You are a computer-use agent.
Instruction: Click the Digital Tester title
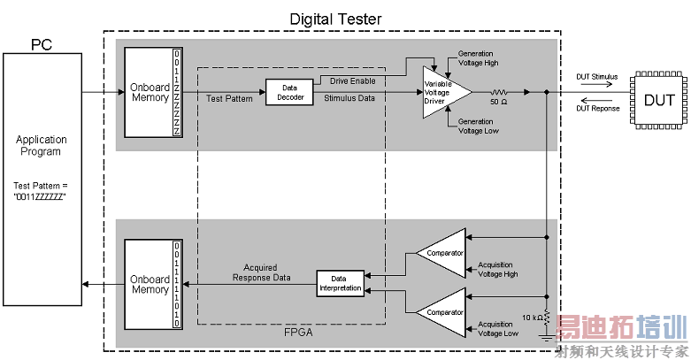click(x=336, y=19)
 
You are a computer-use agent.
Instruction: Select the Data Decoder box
click(x=289, y=92)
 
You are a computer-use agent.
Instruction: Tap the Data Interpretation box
click(x=340, y=283)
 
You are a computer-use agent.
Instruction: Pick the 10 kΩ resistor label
click(x=532, y=316)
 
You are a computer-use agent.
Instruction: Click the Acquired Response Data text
click(x=261, y=272)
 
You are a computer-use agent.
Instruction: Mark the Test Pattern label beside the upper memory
click(x=229, y=98)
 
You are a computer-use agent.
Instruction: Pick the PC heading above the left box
click(x=42, y=44)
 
